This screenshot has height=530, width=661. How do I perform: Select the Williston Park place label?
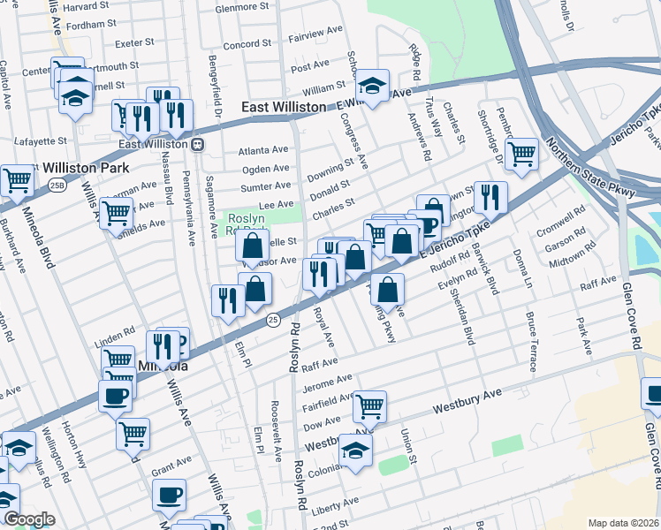click(x=82, y=167)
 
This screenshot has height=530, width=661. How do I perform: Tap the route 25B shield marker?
click(x=57, y=185)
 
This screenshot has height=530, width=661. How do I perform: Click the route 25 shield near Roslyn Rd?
click(x=274, y=319)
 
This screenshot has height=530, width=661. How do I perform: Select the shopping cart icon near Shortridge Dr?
click(x=522, y=153)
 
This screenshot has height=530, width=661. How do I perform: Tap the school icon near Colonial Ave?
click(x=356, y=450)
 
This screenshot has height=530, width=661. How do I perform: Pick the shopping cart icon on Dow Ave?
click(x=370, y=406)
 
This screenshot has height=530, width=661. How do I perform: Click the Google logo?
click(x=29, y=519)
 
